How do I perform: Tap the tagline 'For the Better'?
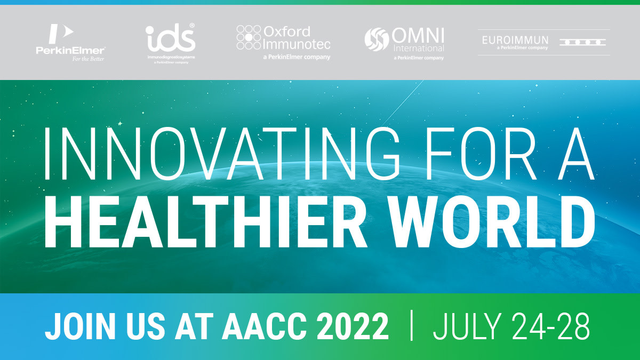pos(89,59)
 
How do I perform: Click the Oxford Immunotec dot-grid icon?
pos(249,37)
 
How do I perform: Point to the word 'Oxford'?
pos(287,31)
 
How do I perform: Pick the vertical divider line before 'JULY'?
pos(411,325)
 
